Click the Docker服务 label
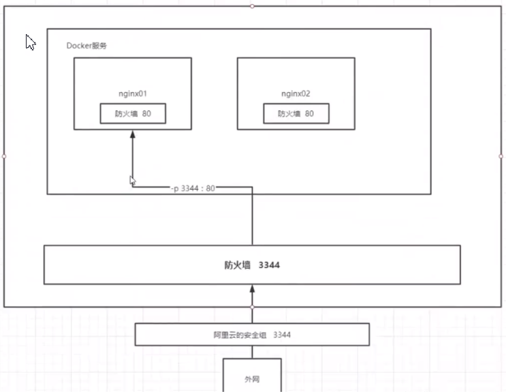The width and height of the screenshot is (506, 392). (86, 46)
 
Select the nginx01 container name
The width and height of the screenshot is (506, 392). (133, 93)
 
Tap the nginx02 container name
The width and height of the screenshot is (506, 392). (296, 93)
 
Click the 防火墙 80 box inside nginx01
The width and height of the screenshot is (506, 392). (133, 114)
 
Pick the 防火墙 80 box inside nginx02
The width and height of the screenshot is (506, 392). (296, 114)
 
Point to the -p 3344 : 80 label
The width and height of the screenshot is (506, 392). (193, 187)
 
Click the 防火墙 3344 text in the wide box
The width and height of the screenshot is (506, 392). (252, 265)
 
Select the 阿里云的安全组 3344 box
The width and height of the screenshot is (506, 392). (252, 335)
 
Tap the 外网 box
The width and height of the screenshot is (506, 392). (252, 376)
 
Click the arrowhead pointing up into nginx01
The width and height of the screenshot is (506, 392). (133, 135)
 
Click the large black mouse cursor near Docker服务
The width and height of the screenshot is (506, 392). (30, 42)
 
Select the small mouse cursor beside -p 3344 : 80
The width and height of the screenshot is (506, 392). (133, 181)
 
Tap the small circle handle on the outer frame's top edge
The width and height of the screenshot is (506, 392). (252, 5)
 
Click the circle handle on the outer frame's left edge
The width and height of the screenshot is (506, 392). (4, 156)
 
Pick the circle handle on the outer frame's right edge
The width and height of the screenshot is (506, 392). (501, 156)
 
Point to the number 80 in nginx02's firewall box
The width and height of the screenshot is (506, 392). (309, 114)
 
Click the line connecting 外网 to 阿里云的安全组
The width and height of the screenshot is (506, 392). (252, 352)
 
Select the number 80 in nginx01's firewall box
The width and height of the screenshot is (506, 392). (146, 114)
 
